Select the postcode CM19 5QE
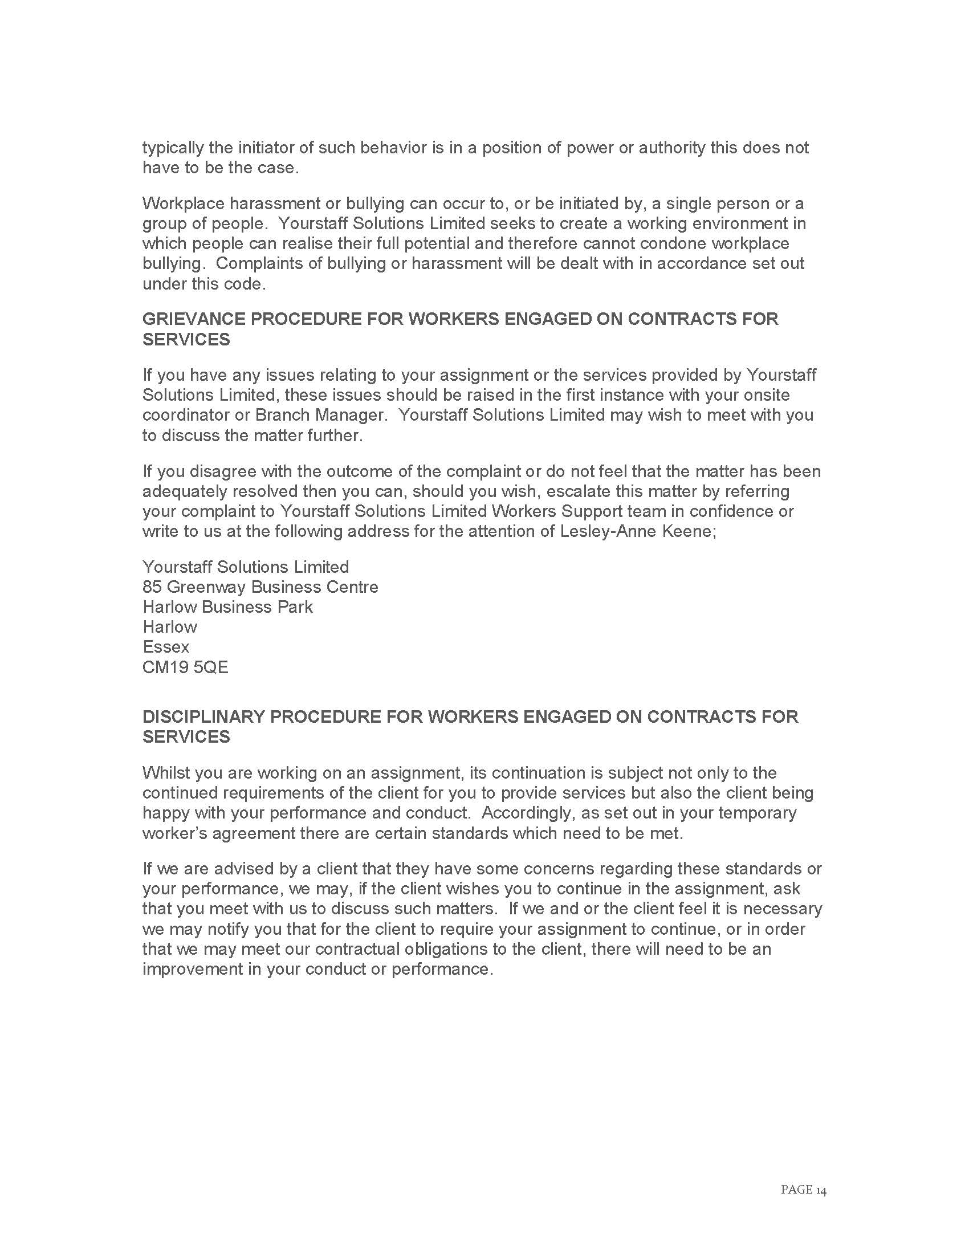pyautogui.click(x=185, y=667)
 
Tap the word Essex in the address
pyautogui.click(x=165, y=646)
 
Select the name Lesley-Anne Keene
pyautogui.click(x=635, y=531)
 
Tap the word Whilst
pyautogui.click(x=166, y=773)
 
